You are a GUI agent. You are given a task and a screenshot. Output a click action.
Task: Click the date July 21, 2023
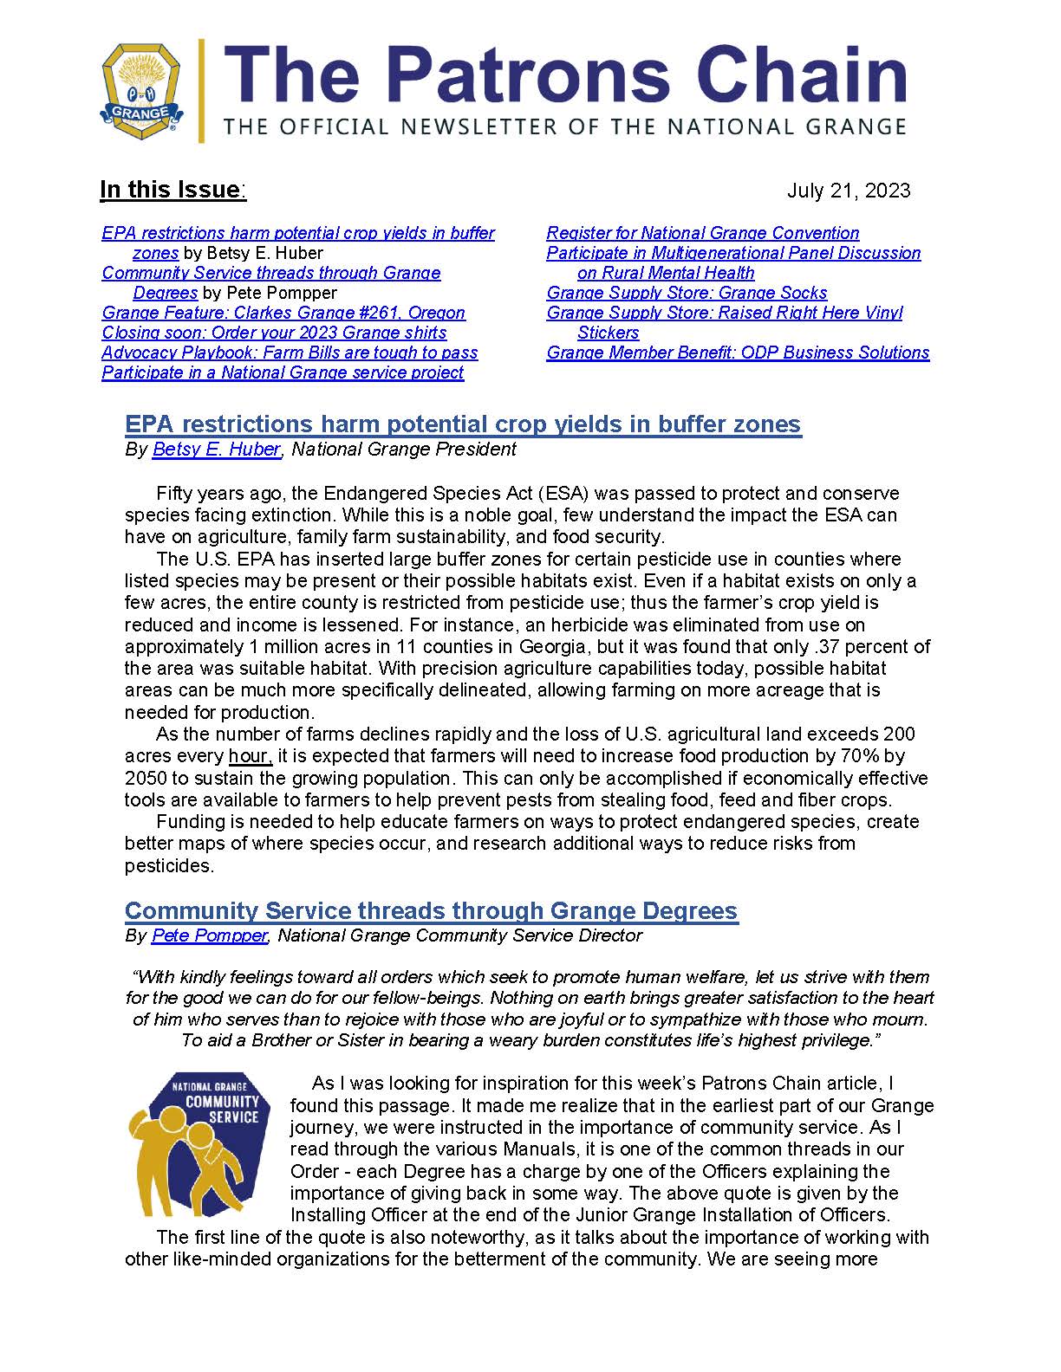click(x=848, y=191)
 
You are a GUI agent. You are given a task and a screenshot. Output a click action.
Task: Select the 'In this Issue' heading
click(x=172, y=190)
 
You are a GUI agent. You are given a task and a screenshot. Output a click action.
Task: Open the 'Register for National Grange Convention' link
click(x=702, y=233)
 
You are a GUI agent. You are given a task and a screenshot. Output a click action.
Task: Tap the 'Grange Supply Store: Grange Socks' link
click(x=687, y=293)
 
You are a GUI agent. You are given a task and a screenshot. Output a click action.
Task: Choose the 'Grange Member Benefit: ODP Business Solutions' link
click(x=738, y=353)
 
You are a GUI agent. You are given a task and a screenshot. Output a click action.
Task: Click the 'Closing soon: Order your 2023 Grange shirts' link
click(x=274, y=333)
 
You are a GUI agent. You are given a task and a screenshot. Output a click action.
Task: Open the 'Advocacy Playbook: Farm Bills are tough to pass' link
click(x=290, y=353)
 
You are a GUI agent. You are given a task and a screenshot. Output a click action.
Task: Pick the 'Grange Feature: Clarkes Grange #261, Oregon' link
click(x=283, y=313)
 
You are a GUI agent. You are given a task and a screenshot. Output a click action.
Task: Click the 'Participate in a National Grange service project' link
click(x=283, y=372)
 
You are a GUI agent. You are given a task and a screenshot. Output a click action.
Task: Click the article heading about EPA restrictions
click(x=463, y=424)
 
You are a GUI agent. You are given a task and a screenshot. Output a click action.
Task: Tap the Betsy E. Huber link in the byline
click(x=216, y=450)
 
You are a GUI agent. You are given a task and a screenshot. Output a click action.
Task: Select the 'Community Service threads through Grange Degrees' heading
click(x=431, y=911)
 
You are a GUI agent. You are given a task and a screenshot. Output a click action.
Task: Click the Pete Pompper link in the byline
click(x=209, y=936)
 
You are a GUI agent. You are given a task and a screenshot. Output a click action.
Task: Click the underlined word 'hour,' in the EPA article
click(x=251, y=756)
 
